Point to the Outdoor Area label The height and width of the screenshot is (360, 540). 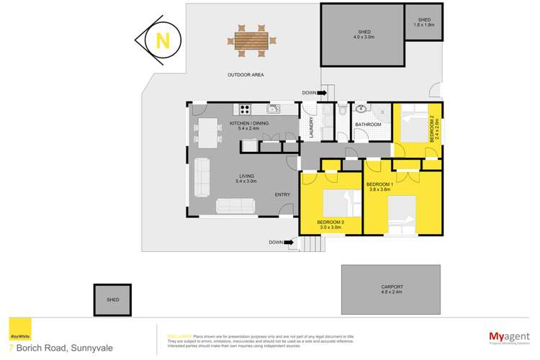click(243, 74)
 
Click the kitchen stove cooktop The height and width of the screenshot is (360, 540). click(245, 110)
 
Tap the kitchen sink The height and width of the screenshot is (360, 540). click(273, 109)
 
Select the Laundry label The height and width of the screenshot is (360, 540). click(311, 127)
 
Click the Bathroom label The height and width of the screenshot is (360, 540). click(368, 125)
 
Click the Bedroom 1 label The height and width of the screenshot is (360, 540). click(379, 186)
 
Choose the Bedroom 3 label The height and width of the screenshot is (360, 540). click(330, 223)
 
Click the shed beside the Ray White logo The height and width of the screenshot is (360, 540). click(112, 299)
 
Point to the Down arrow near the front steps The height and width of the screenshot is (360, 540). click(276, 243)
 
